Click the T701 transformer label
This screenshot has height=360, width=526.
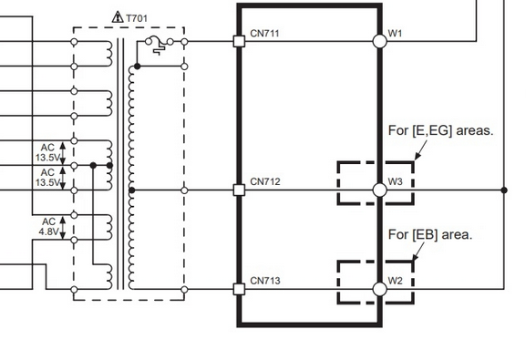(x=137, y=18)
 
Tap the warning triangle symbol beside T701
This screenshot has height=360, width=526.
(x=118, y=17)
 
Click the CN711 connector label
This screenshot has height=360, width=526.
(x=264, y=33)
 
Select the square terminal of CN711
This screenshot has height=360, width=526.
(x=239, y=42)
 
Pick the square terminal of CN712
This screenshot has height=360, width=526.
(x=239, y=190)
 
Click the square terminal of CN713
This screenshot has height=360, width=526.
(x=239, y=289)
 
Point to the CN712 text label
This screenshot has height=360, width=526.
(x=265, y=181)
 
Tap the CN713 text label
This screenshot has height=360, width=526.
(x=265, y=281)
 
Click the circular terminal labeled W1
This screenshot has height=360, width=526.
(x=380, y=42)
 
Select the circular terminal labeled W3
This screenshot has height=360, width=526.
(x=380, y=190)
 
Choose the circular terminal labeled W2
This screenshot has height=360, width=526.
(x=380, y=289)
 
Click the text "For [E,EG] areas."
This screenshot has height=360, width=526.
(x=441, y=130)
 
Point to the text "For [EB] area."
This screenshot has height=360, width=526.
(x=430, y=234)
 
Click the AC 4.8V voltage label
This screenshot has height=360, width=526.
(x=49, y=227)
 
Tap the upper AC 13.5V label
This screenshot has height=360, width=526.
(x=47, y=152)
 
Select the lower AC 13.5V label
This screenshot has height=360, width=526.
(x=47, y=178)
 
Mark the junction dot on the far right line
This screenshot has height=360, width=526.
(x=504, y=190)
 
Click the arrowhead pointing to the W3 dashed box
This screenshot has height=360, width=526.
(x=418, y=156)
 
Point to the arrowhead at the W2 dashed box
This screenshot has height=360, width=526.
(x=416, y=257)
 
